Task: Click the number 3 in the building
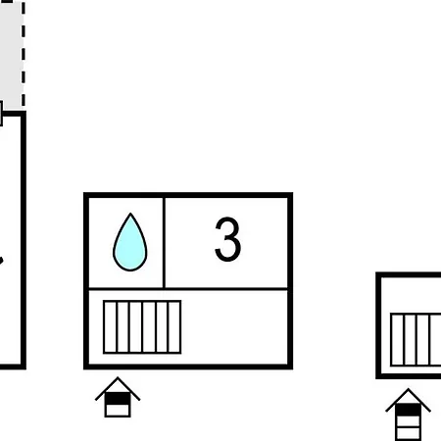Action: (228, 239)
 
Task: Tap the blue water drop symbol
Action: (130, 242)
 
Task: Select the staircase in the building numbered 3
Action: (142, 327)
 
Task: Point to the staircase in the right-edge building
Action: (416, 340)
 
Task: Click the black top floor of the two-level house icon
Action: (118, 399)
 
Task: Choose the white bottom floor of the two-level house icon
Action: (118, 411)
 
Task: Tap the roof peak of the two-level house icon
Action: (118, 378)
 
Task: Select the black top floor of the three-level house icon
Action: (408, 410)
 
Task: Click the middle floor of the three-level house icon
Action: (408, 421)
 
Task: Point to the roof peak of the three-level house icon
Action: (408, 389)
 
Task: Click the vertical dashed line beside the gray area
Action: (24, 54)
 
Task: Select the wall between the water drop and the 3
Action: (164, 243)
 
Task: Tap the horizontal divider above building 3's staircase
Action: (188, 289)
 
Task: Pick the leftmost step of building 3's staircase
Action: (110, 327)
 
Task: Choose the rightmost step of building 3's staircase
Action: (174, 327)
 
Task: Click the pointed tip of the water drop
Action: (130, 214)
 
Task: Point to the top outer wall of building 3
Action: (188, 195)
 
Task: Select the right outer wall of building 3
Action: (290, 281)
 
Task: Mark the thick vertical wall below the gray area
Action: (24, 240)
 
